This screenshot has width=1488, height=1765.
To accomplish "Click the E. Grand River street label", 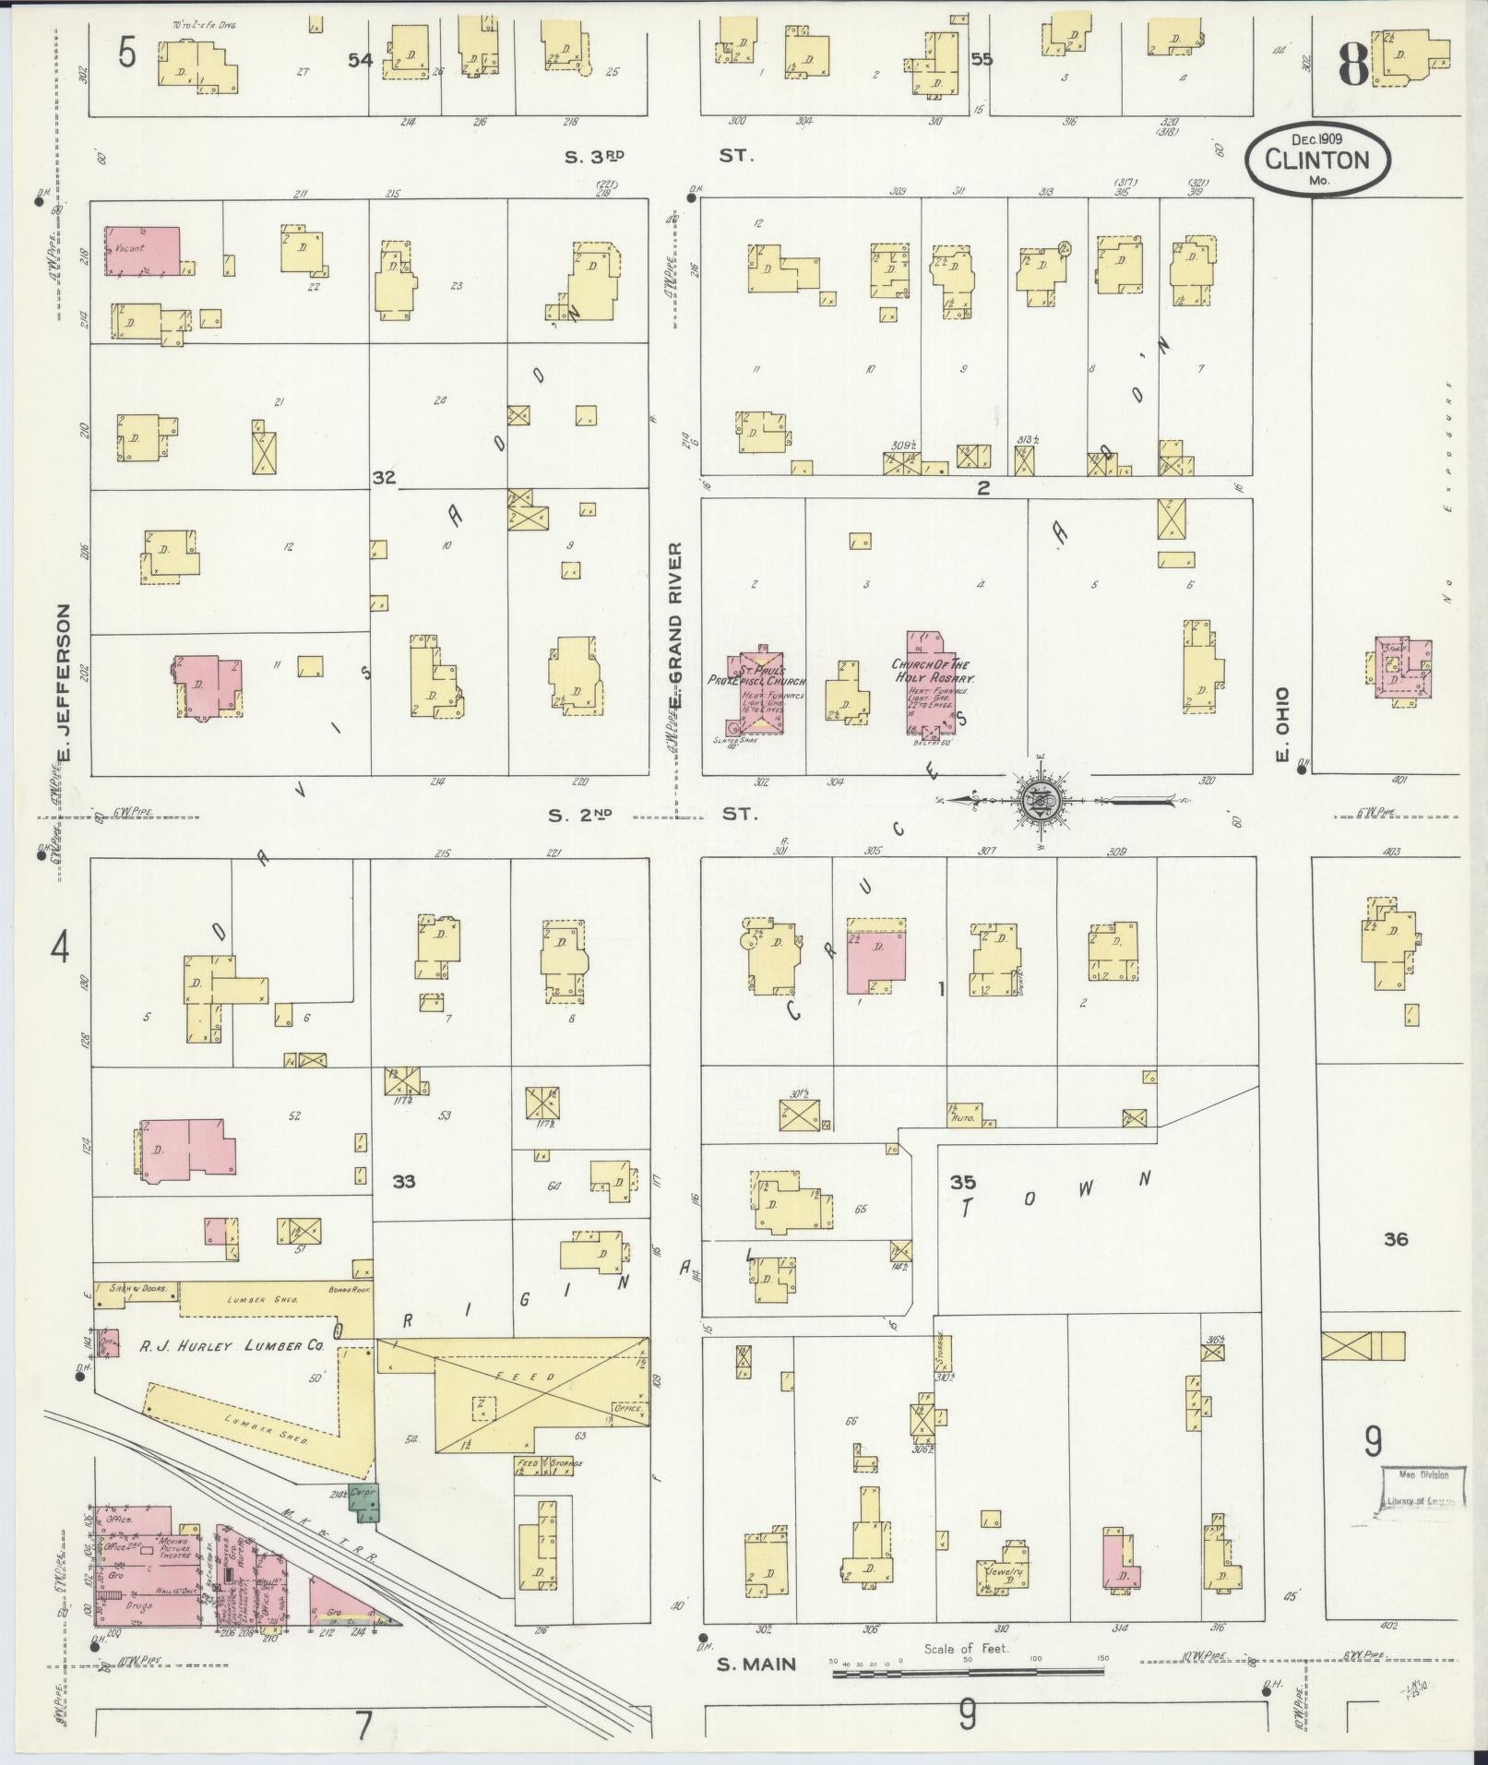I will click(x=675, y=626).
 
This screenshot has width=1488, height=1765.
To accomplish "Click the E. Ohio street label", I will click(x=1281, y=724).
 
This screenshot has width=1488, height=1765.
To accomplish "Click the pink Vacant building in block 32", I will click(x=143, y=251).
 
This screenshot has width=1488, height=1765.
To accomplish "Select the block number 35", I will click(x=963, y=1181).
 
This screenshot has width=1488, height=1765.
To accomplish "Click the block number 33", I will click(x=404, y=1181).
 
